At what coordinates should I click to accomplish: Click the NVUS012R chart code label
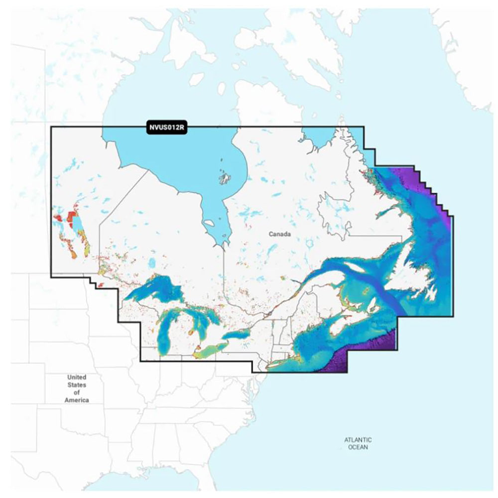pos(167,127)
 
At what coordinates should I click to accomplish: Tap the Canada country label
pos(279,234)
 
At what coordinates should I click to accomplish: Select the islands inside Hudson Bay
pos(225,177)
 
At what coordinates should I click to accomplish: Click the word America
pos(77,400)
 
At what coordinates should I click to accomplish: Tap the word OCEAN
pos(358,448)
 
